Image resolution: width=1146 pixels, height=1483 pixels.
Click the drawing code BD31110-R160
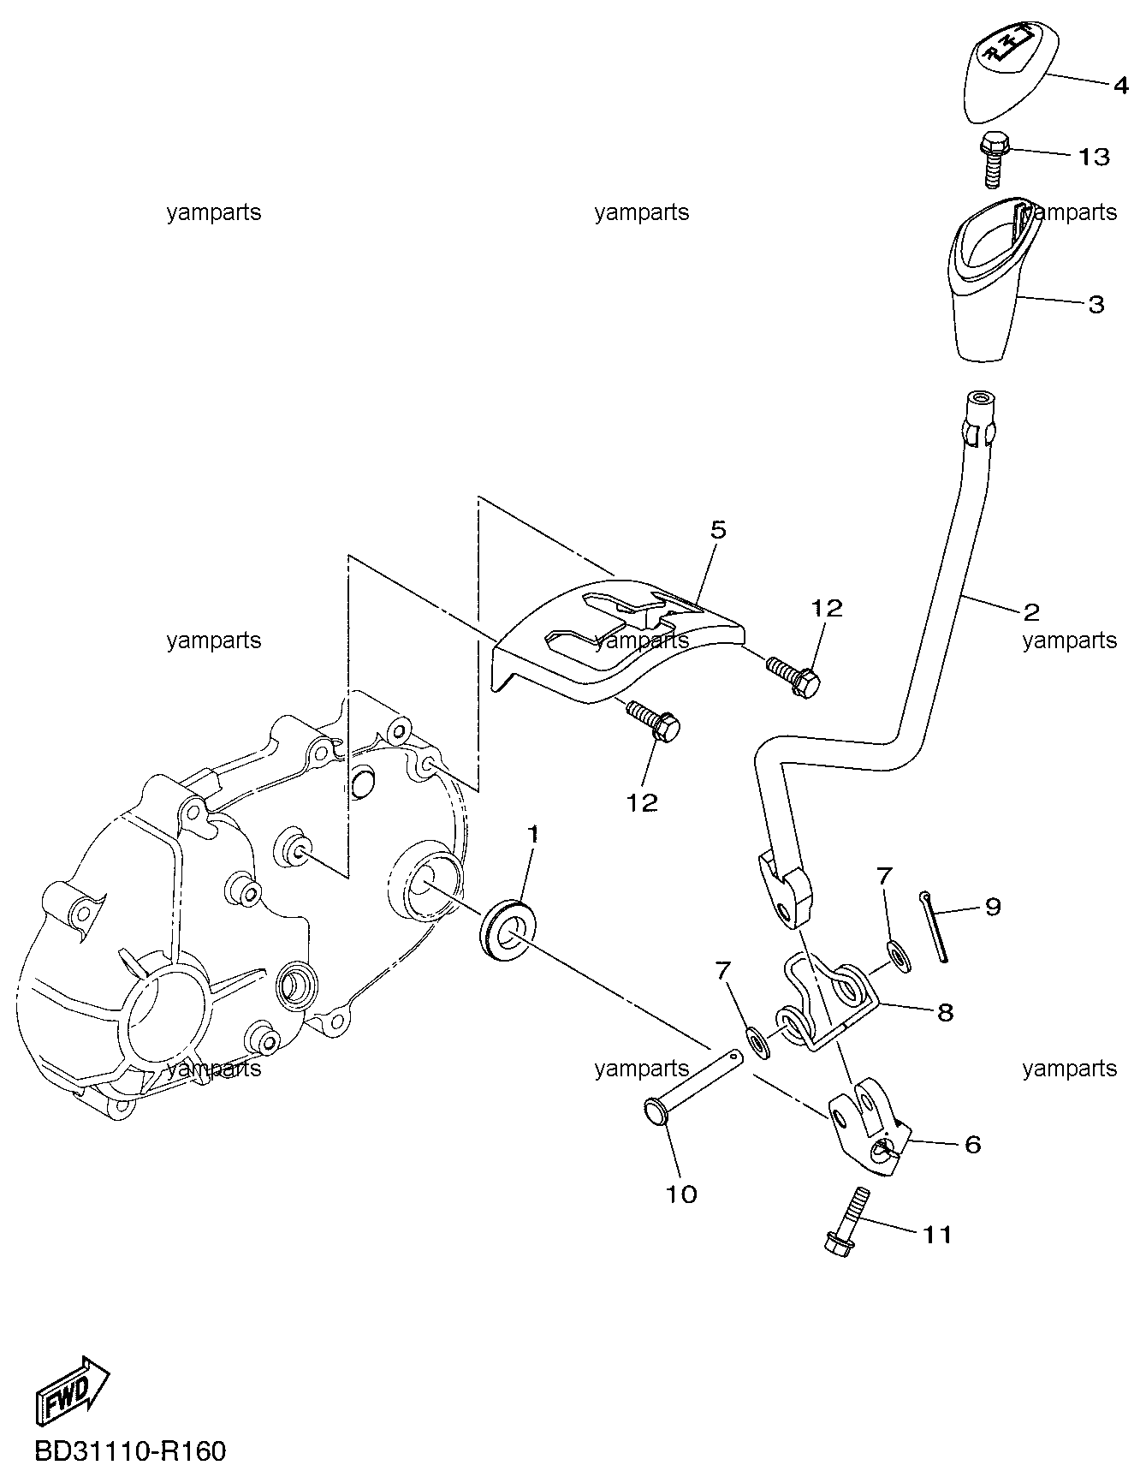(x=131, y=1451)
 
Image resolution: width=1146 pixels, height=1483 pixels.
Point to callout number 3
(x=1096, y=305)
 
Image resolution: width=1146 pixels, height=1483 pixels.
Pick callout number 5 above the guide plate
(x=718, y=530)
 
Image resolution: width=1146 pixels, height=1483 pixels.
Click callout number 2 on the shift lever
(x=1031, y=610)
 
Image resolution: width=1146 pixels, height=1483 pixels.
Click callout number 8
(x=945, y=1012)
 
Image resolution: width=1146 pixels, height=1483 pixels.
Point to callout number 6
(x=972, y=1144)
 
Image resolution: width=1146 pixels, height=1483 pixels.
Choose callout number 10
(x=681, y=1194)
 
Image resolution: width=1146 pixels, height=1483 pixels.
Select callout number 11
(x=936, y=1235)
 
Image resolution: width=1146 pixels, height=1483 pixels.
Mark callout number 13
(x=1094, y=157)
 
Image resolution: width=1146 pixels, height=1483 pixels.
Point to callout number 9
(x=993, y=906)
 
